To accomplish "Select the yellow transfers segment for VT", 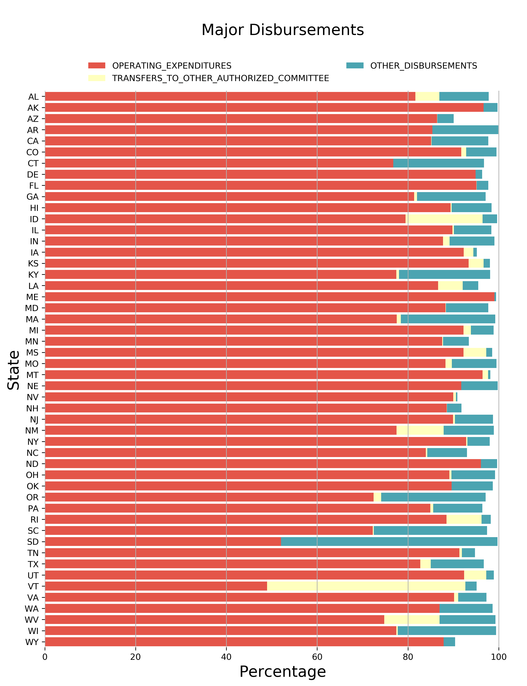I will (x=366, y=586).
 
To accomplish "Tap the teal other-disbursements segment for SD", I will (x=389, y=542).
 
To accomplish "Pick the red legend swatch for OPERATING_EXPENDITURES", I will (x=97, y=66).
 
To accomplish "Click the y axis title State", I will (x=14, y=370).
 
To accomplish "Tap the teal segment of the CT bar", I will (x=438, y=163).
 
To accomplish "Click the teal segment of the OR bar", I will (x=433, y=497).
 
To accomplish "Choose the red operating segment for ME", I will (x=270, y=297).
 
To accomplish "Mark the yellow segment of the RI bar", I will (x=464, y=520).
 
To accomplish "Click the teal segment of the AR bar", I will (x=465, y=130).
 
